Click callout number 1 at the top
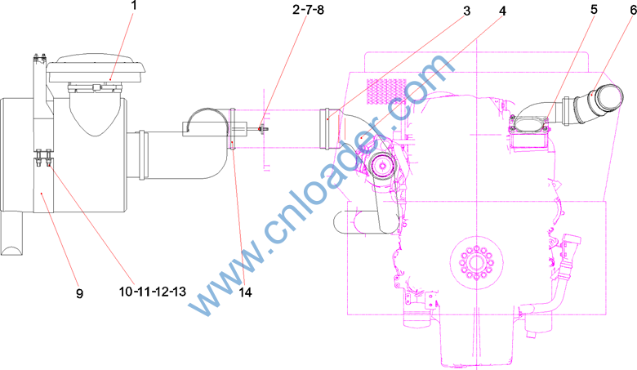tap(134, 5)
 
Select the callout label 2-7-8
tap(308, 9)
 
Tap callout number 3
tap(467, 11)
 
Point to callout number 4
tap(502, 11)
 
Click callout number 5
tap(594, 9)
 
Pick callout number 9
tap(80, 293)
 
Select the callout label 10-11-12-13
tap(153, 292)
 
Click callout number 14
tap(245, 292)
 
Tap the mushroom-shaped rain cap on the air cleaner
tap(96, 69)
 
